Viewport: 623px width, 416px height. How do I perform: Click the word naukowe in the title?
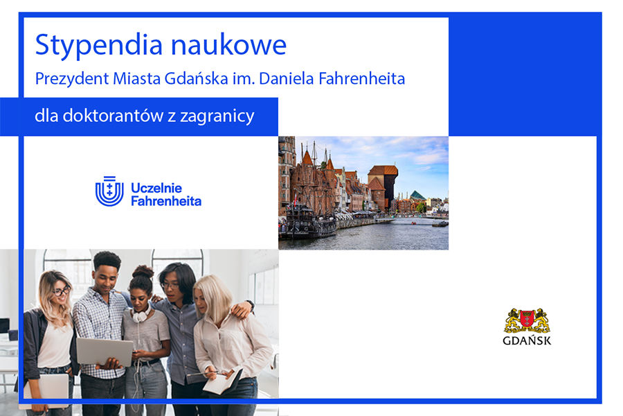tap(228, 44)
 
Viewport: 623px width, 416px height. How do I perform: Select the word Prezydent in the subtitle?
tap(72, 79)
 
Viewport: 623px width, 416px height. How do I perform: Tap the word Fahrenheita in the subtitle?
tap(361, 78)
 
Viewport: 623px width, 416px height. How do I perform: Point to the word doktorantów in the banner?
tap(113, 116)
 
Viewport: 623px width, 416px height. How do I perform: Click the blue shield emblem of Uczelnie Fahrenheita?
tap(109, 191)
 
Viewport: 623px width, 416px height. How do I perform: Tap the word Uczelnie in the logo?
tap(156, 188)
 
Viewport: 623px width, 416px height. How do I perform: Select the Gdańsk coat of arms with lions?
tap(527, 321)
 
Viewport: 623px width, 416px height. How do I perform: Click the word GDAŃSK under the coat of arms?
tap(527, 340)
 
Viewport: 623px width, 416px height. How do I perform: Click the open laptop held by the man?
tap(105, 352)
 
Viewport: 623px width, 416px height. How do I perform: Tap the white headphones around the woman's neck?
tap(141, 314)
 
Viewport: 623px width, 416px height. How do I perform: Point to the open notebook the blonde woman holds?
tap(222, 381)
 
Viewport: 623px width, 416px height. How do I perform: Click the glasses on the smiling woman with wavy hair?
tap(62, 291)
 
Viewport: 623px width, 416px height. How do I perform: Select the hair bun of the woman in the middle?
tap(143, 272)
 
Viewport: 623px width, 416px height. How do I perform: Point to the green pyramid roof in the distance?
tap(417, 195)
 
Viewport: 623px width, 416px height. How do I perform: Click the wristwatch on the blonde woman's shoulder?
tap(251, 305)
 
